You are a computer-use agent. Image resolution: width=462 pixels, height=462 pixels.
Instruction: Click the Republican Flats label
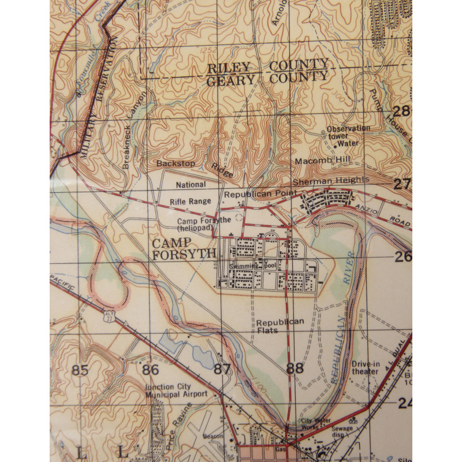[x=280, y=326]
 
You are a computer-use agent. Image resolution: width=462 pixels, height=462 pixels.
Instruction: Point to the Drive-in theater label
[x=365, y=368]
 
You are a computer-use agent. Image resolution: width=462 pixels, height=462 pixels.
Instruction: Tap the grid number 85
[x=81, y=370]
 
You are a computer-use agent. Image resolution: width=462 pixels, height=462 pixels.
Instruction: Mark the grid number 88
[x=295, y=368]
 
